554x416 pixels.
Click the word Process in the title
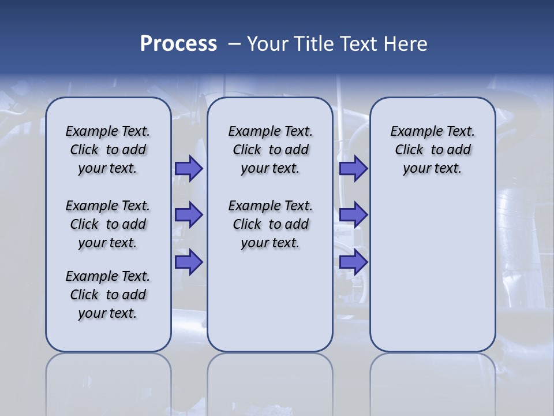[x=178, y=44]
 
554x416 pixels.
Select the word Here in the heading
[x=403, y=44]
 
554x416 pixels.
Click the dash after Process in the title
[x=234, y=44]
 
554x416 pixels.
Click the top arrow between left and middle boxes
[x=189, y=168]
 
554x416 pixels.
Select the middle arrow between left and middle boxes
[x=189, y=215]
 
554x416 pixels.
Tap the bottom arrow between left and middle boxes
[x=189, y=262]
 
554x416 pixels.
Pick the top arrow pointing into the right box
[x=353, y=168]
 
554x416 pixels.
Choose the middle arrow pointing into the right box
[x=353, y=215]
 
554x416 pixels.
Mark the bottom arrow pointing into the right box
[x=353, y=262]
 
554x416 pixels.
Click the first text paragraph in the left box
[x=108, y=150]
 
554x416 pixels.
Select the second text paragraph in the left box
[x=108, y=224]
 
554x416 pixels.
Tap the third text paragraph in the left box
[x=108, y=295]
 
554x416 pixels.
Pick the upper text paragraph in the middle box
[x=270, y=150]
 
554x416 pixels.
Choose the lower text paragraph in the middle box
[x=270, y=224]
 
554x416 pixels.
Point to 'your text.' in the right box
[x=432, y=169]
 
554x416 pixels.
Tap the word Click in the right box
[x=409, y=150]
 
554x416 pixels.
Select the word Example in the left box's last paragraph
[x=87, y=277]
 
